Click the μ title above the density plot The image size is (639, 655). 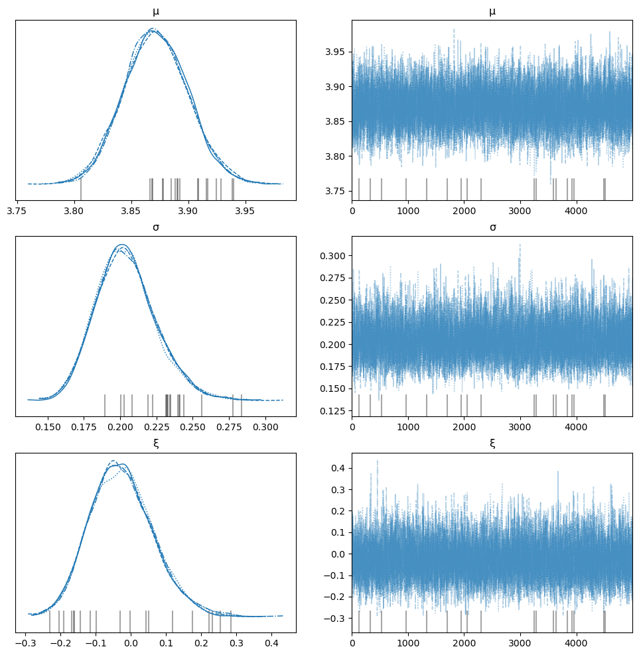click(155, 11)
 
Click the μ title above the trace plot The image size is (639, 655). click(492, 11)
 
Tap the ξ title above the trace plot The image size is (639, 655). click(492, 444)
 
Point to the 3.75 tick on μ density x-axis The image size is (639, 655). click(17, 210)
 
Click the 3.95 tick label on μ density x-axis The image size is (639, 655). click(246, 210)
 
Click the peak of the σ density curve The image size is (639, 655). click(121, 245)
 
